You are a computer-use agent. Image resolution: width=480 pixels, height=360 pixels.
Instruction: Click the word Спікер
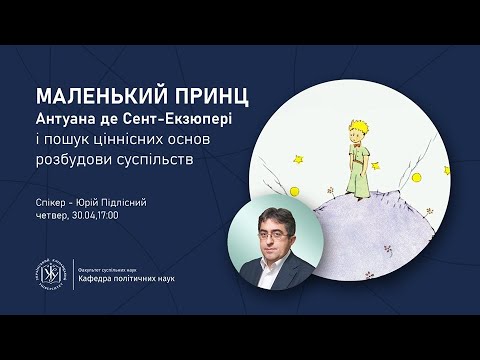51,202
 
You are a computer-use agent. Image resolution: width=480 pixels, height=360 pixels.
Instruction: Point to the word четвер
52,215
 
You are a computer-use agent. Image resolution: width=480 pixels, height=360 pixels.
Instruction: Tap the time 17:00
122,215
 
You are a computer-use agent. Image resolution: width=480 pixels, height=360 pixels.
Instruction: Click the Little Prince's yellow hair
358,117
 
